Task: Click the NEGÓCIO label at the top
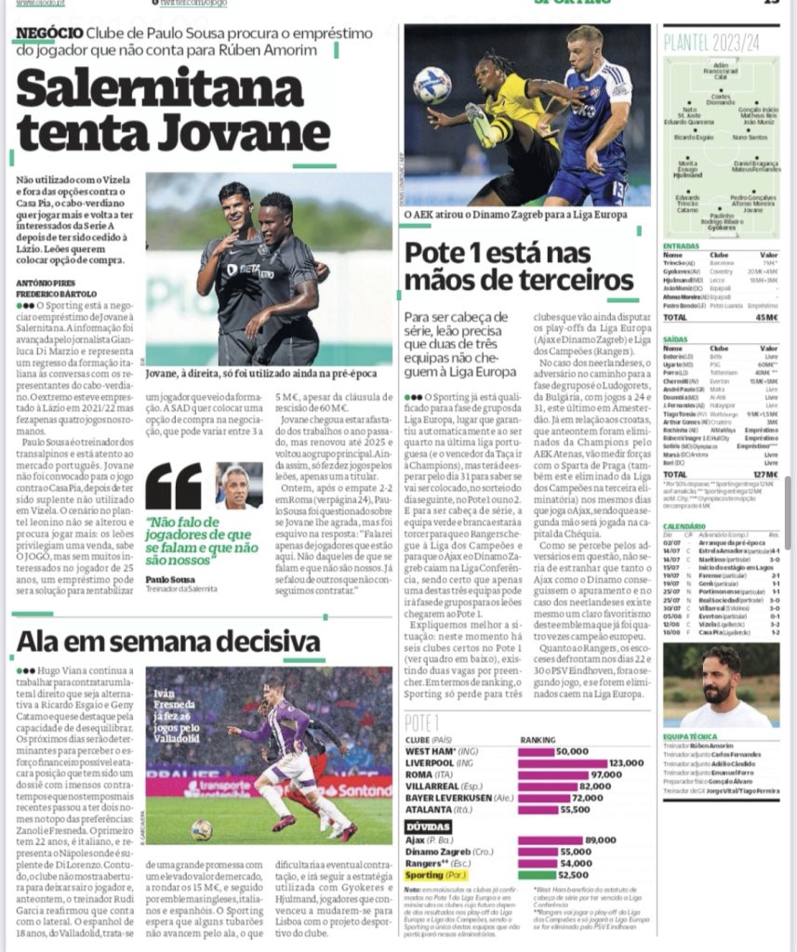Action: point(46,32)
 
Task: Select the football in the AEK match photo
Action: point(432,84)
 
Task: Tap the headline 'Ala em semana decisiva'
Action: point(168,641)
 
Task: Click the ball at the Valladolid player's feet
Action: point(201,828)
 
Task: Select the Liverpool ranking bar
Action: point(562,762)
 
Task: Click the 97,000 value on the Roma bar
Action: point(604,774)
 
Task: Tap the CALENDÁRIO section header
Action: point(684,526)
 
